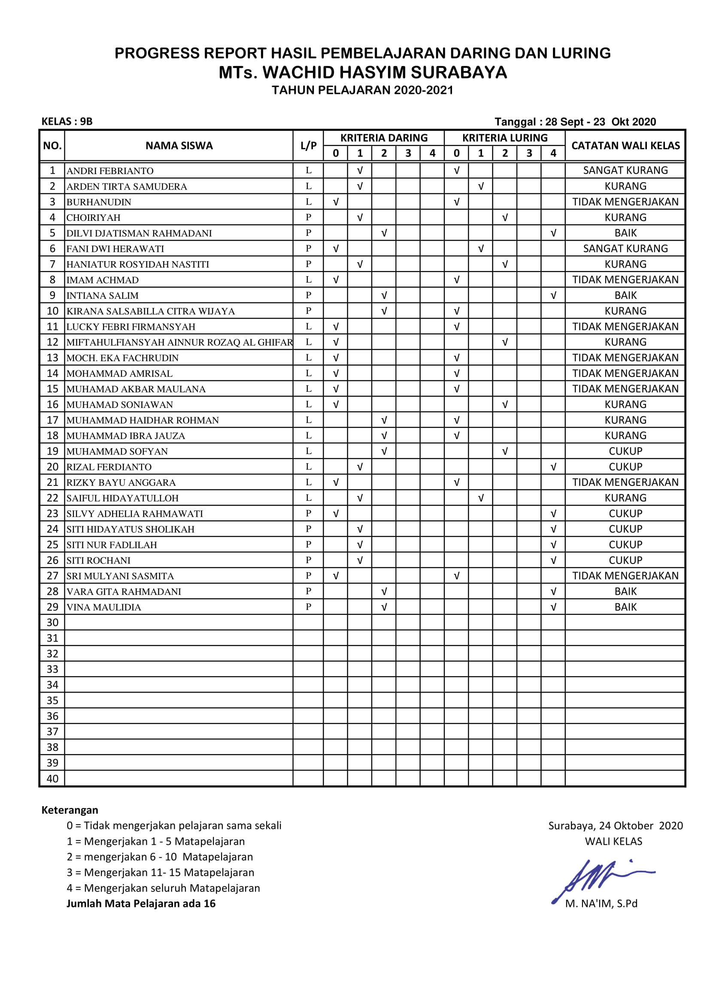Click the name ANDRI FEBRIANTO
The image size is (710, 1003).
point(110,171)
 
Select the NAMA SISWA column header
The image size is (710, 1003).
point(179,145)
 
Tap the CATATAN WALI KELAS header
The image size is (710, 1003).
point(625,145)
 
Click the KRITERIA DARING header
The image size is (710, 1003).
point(384,138)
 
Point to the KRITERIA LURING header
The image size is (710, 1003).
point(504,138)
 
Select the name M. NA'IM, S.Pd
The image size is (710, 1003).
point(601,904)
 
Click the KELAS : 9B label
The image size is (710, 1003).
point(67,121)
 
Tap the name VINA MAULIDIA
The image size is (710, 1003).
point(103,607)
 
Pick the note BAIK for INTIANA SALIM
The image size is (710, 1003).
point(625,295)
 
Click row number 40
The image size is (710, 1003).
point(52,778)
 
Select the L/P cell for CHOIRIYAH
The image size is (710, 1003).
point(308,217)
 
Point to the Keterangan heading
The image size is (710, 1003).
point(70,810)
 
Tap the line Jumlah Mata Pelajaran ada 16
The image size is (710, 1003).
point(141,904)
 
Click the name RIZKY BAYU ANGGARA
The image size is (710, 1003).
point(121,482)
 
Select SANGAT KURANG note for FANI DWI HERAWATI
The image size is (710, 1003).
point(625,249)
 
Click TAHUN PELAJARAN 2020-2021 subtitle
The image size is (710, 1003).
point(362,90)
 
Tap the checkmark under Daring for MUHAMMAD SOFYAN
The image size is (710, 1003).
point(384,451)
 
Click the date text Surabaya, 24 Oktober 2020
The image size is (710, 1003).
point(615,825)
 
